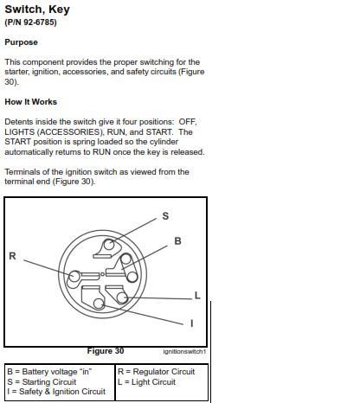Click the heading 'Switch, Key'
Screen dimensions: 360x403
coord(37,10)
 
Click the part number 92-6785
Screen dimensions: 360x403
coord(40,22)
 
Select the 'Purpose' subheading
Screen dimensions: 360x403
coord(21,42)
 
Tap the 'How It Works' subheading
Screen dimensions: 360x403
coord(30,102)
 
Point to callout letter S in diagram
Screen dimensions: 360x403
coord(165,216)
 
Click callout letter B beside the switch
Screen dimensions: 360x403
coord(177,241)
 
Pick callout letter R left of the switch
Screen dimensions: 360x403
coord(12,256)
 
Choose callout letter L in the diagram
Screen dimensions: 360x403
coord(197,296)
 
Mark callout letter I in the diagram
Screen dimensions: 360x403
coord(192,323)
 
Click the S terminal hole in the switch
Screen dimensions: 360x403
coord(109,245)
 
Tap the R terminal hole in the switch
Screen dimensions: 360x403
coord(74,276)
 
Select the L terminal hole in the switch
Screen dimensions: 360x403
coord(122,297)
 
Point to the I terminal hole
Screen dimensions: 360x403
coord(99,304)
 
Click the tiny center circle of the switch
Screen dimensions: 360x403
coord(102,274)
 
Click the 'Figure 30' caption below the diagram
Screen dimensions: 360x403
coord(106,351)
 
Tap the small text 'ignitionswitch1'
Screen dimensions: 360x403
coord(184,352)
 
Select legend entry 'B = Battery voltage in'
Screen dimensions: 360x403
coord(49,372)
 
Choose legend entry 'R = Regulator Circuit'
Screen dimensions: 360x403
coord(157,372)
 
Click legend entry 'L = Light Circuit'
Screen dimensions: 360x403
coord(146,382)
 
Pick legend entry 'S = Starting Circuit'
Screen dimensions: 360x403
coord(42,382)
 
